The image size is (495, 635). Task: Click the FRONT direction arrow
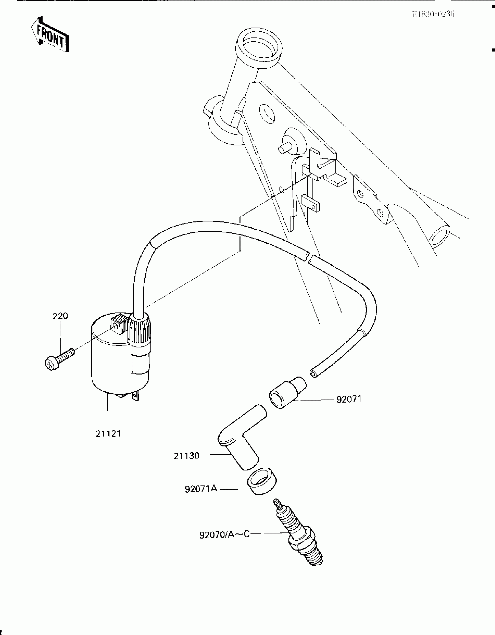[x=50, y=35]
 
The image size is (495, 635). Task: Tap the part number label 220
[x=60, y=316]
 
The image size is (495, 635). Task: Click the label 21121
[x=108, y=442]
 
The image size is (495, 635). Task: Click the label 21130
[x=186, y=456]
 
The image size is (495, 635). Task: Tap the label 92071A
[x=201, y=488]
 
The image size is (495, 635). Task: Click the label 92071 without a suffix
[x=349, y=399]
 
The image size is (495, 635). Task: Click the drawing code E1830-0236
[x=433, y=14]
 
